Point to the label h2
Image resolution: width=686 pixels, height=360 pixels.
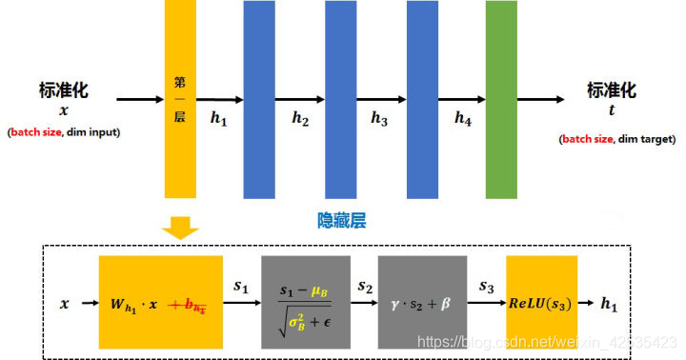coord(301,119)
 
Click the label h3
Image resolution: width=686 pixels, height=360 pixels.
coord(380,119)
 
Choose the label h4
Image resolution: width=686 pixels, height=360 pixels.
coord(463,119)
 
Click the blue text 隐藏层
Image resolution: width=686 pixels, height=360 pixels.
coord(342,220)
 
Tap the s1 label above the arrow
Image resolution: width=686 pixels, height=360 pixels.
coord(240,286)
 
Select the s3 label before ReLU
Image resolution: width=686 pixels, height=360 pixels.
coord(486,286)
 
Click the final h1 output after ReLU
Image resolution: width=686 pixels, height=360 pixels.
coord(610,304)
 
